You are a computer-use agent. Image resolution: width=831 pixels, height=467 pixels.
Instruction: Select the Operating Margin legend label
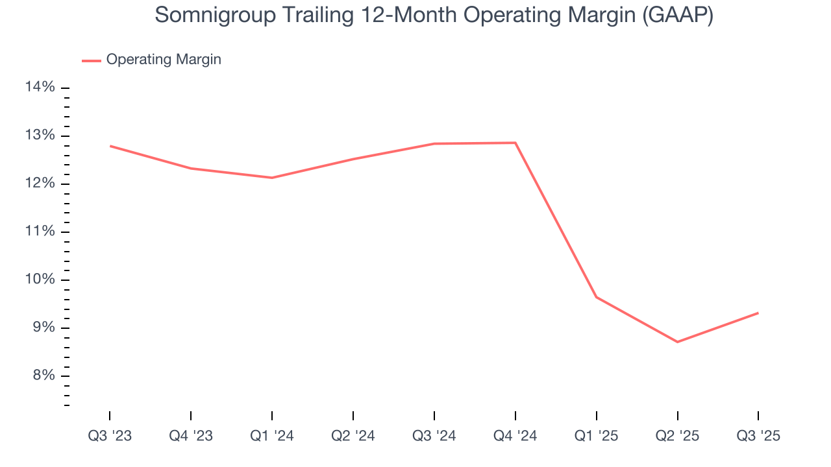(164, 60)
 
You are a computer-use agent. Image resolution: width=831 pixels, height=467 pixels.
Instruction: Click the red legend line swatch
(92, 60)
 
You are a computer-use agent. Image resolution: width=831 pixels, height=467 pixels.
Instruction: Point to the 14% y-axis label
(40, 88)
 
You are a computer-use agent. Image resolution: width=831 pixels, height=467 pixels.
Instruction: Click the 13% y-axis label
(40, 136)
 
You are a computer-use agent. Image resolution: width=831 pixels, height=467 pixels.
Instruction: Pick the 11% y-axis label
(40, 232)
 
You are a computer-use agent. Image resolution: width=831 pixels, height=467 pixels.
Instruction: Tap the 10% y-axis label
(40, 280)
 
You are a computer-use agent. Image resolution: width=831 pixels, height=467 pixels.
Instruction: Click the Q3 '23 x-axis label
(110, 436)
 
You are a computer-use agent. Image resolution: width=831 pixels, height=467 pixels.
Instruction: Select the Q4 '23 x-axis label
(191, 436)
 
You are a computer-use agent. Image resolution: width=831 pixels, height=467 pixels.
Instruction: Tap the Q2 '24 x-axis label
(353, 436)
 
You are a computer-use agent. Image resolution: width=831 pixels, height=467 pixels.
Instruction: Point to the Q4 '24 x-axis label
(515, 436)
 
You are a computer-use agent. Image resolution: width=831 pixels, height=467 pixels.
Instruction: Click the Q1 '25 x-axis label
(596, 436)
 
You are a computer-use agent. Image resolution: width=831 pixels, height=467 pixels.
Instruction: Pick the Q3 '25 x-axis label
(758, 436)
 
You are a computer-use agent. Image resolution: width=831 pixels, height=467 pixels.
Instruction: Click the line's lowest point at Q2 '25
(677, 342)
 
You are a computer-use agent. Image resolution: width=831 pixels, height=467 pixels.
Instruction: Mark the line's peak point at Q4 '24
(515, 143)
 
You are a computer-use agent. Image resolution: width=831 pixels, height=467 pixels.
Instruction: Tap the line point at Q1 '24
(272, 178)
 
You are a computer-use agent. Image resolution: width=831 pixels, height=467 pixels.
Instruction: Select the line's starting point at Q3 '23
(110, 146)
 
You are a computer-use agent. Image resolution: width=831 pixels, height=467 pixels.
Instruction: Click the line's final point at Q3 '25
(758, 313)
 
